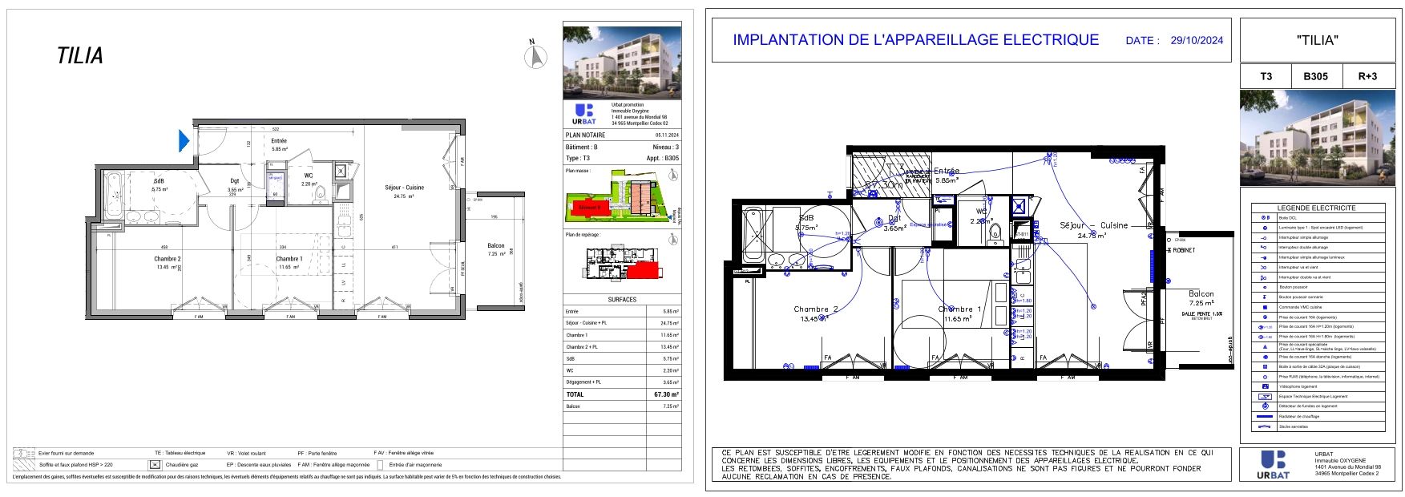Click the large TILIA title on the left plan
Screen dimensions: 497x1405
click(80, 56)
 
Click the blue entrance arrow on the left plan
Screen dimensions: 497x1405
click(184, 141)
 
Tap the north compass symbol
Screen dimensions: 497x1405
click(535, 57)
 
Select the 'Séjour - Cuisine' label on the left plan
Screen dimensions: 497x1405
click(404, 188)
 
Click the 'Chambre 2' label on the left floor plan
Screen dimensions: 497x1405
click(168, 259)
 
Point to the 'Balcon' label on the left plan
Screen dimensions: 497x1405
click(496, 246)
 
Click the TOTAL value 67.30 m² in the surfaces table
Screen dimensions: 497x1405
click(666, 394)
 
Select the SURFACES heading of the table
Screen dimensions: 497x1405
click(622, 300)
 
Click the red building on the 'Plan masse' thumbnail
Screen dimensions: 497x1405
click(589, 208)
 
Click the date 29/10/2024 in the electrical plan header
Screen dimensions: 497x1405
click(1197, 40)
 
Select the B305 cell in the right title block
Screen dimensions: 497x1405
click(1315, 76)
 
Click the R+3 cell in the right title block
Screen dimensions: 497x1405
click(1367, 76)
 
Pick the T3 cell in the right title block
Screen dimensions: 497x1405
click(1266, 76)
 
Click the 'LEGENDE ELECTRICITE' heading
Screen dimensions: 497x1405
click(1316, 208)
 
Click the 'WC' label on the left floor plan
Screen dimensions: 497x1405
click(309, 176)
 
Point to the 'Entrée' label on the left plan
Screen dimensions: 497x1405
click(279, 141)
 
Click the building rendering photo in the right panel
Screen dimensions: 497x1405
click(1316, 138)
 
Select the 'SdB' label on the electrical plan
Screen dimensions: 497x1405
click(805, 218)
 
